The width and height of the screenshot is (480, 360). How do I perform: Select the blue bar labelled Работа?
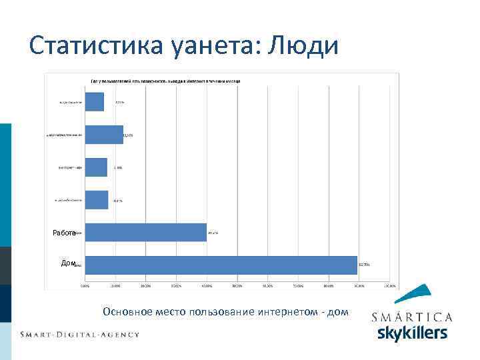[x=146, y=232]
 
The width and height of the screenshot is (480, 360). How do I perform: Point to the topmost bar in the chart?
[x=95, y=102]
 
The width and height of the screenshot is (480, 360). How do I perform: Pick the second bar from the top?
[x=104, y=135]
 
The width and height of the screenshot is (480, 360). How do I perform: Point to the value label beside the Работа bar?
[x=213, y=233]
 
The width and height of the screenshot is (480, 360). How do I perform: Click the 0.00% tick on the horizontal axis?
[x=85, y=286]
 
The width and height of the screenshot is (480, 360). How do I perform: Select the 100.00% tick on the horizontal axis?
[x=389, y=286]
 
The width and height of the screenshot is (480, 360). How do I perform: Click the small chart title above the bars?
[x=165, y=81]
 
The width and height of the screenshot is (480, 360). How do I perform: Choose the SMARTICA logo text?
[x=411, y=317]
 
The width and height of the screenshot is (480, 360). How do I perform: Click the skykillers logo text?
[x=412, y=333]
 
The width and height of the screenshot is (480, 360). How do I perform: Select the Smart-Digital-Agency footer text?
[x=79, y=334]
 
